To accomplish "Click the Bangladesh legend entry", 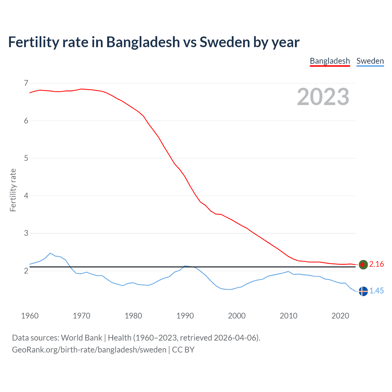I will pyautogui.click(x=330, y=61).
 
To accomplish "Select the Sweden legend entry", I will pyautogui.click(x=370, y=61).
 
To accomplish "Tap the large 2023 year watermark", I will pyautogui.click(x=323, y=97).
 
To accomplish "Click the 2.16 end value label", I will pyautogui.click(x=376, y=264).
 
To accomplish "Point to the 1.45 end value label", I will pyautogui.click(x=376, y=291).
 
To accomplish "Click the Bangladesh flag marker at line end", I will pyautogui.click(x=363, y=264).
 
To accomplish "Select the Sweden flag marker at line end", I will pyautogui.click(x=363, y=291).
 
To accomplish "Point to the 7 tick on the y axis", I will pyautogui.click(x=26, y=83).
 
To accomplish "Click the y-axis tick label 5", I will pyautogui.click(x=26, y=158).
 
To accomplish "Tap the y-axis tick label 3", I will pyautogui.click(x=26, y=233).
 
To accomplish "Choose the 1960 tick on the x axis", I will pyautogui.click(x=30, y=316).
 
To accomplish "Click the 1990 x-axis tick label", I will pyautogui.click(x=185, y=316).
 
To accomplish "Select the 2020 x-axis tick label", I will pyautogui.click(x=340, y=316).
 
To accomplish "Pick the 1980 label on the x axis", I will pyautogui.click(x=133, y=316).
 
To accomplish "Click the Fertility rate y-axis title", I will pyautogui.click(x=13, y=190).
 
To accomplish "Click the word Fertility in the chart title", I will pyautogui.click(x=33, y=42).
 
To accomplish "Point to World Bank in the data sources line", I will pyautogui.click(x=81, y=338).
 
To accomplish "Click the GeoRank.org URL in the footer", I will pyautogui.click(x=89, y=350).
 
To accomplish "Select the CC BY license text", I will pyautogui.click(x=183, y=350).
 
